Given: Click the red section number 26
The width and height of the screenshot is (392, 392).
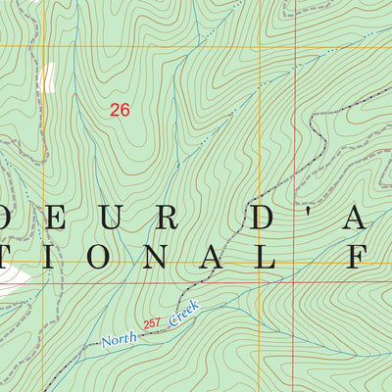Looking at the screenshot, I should pos(120,111).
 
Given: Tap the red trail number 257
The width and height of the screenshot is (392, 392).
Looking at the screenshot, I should pos(152,323).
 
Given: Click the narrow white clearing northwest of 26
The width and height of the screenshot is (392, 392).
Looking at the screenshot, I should pos(46,76).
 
